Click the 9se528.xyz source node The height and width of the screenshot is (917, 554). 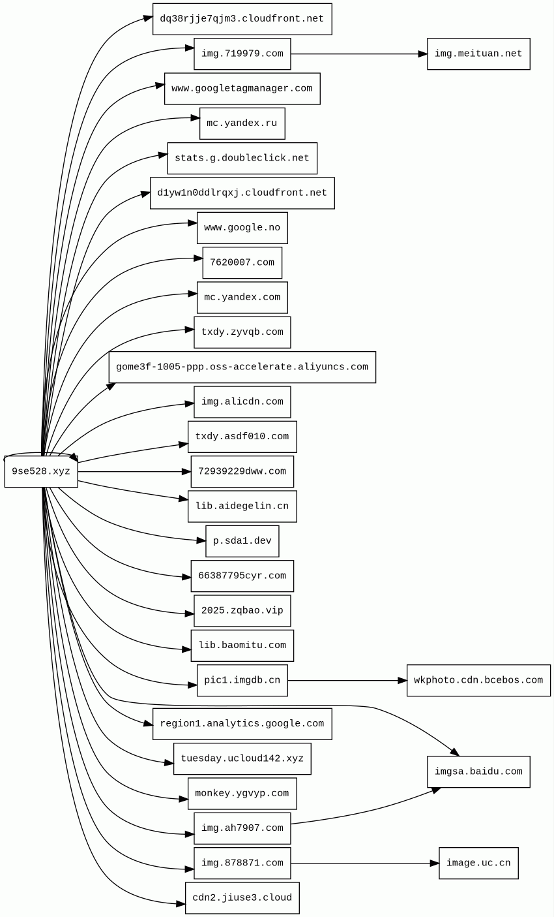pyautogui.click(x=41, y=471)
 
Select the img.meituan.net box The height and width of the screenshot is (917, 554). pyautogui.click(x=478, y=54)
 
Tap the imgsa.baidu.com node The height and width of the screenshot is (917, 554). pyautogui.click(x=478, y=771)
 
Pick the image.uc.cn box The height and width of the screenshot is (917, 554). pyautogui.click(x=478, y=863)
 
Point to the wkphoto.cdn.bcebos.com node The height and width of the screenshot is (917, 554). pyautogui.click(x=478, y=680)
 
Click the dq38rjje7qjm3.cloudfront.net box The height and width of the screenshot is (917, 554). pyautogui.click(x=242, y=19)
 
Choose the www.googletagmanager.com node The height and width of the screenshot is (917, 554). pyautogui.click(x=242, y=89)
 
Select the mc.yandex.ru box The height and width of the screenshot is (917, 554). pyautogui.click(x=242, y=123)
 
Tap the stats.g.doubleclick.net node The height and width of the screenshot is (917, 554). pyautogui.click(x=242, y=158)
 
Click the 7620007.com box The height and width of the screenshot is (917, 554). pyautogui.click(x=242, y=262)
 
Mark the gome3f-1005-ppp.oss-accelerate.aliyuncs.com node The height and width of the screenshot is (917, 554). pyautogui.click(x=242, y=367)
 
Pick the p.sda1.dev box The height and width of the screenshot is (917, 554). pyautogui.click(x=242, y=541)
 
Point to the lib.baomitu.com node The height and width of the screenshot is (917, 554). pyautogui.click(x=242, y=645)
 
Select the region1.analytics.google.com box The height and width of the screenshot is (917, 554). pyautogui.click(x=242, y=724)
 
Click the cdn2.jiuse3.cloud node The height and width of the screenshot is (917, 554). pyautogui.click(x=242, y=898)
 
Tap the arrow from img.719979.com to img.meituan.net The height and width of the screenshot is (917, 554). pyautogui.click(x=358, y=54)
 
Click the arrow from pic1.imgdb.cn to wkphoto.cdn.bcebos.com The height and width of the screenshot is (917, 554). pyautogui.click(x=347, y=680)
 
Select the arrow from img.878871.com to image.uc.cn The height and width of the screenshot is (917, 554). pyautogui.click(x=365, y=863)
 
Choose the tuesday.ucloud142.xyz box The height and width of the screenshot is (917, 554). pyautogui.click(x=242, y=758)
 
